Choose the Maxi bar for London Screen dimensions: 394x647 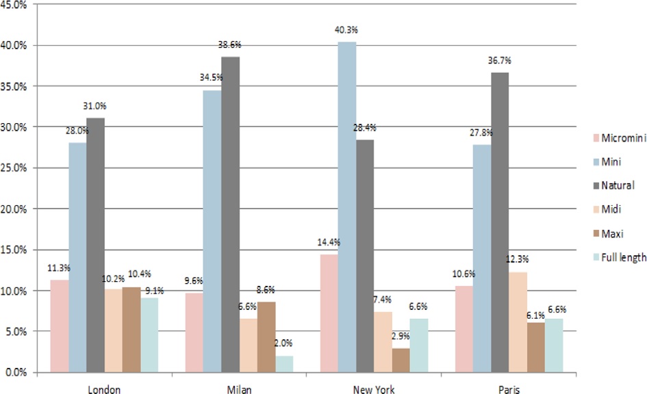click(x=131, y=330)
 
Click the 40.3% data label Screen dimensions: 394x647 click(x=346, y=30)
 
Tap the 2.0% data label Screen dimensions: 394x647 click(x=285, y=344)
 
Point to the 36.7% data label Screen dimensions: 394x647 click(x=500, y=61)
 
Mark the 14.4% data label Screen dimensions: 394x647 click(x=328, y=243)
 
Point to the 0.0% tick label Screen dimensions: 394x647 click(x=16, y=373)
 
